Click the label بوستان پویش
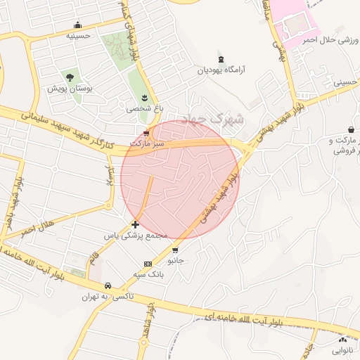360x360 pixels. point(66,89)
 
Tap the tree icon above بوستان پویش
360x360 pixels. point(69,77)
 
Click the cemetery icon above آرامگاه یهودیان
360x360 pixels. point(222,58)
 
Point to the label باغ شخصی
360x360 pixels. point(145,108)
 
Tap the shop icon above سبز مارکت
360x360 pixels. point(146,132)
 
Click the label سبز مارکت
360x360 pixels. point(146,143)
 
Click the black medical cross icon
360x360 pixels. point(135,224)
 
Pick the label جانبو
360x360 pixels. point(174,260)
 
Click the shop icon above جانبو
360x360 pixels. point(174,250)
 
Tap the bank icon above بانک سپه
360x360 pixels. point(147,264)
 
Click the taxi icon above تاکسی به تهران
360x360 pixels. point(108,286)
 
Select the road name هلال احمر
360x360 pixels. point(37,230)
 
